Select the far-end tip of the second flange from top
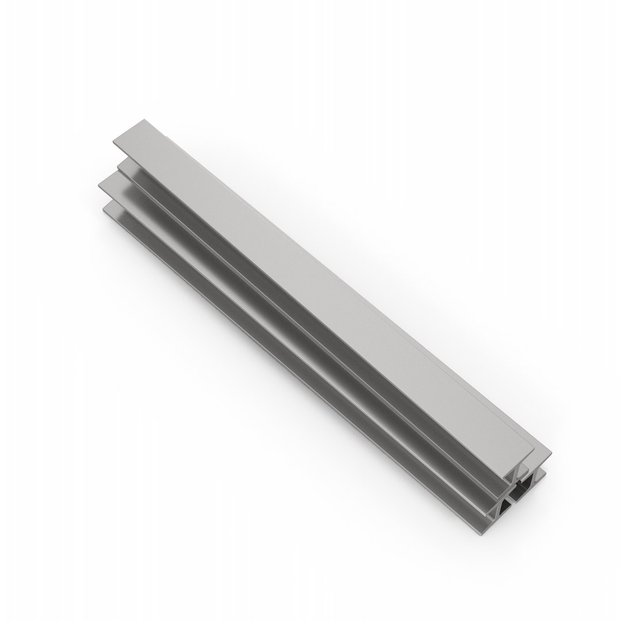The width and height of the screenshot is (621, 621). (x=118, y=167)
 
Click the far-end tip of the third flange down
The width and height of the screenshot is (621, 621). (x=99, y=184)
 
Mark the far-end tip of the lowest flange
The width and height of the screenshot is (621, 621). (x=103, y=208)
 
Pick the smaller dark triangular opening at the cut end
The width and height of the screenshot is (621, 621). (x=503, y=508)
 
